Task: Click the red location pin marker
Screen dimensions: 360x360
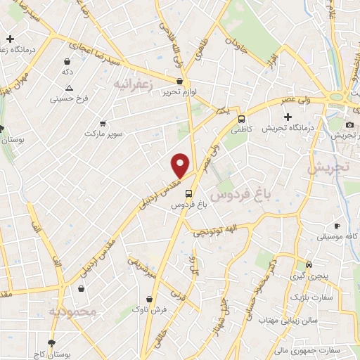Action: [x=181, y=166]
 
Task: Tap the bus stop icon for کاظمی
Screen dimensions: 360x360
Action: [x=242, y=119]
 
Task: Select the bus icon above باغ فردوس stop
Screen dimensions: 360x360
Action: [x=188, y=193]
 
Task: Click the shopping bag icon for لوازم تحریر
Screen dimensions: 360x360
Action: [x=179, y=82]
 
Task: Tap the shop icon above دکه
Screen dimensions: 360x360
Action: [x=67, y=61]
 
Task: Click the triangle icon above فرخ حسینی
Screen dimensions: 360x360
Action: [x=69, y=88]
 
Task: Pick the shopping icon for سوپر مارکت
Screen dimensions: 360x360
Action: [x=103, y=122]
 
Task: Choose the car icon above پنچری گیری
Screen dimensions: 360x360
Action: [x=309, y=265]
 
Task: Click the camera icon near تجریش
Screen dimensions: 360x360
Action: [x=349, y=124]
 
